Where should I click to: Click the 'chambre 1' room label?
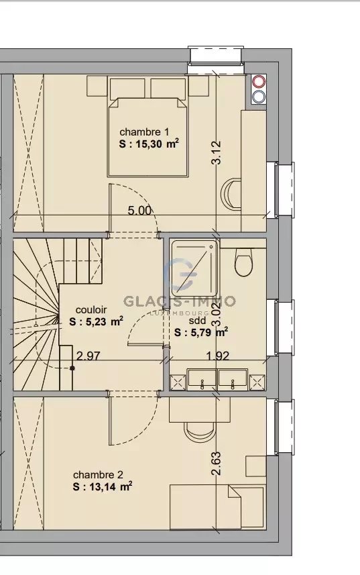tap(144, 132)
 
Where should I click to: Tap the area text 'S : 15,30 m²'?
tap(149, 144)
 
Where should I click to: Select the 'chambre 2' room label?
tap(98, 474)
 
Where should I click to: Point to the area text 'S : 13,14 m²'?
tap(102, 486)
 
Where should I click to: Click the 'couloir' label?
tap(91, 310)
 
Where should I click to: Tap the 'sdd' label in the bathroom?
tap(197, 321)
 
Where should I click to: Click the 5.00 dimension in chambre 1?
tap(139, 211)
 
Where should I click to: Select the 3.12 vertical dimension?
tap(216, 152)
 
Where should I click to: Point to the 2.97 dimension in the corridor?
tap(88, 356)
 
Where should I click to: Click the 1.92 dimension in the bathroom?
tap(217, 356)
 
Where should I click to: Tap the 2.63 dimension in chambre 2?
tap(216, 463)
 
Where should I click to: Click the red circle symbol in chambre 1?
tap(259, 81)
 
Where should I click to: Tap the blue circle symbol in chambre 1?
tap(259, 97)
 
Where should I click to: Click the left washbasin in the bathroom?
tap(202, 380)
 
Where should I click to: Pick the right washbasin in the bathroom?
tap(233, 380)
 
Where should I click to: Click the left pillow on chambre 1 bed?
tap(127, 89)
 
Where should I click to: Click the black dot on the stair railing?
tap(72, 368)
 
